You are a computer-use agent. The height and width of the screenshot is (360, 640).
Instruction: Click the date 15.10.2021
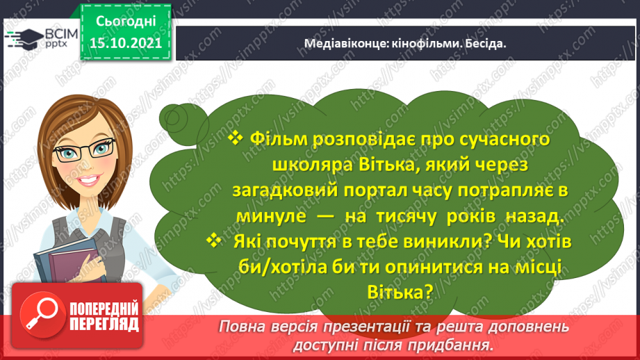click(126, 42)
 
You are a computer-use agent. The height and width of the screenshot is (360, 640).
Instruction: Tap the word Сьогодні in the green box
click(126, 22)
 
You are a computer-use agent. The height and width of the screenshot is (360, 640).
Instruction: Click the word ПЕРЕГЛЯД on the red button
click(104, 325)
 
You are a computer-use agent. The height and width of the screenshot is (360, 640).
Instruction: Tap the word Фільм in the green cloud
click(279, 140)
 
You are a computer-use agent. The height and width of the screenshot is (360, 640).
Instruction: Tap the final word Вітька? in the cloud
click(400, 293)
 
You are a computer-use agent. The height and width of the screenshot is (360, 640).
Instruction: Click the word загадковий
click(286, 191)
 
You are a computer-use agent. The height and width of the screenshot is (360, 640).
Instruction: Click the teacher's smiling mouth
click(90, 179)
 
